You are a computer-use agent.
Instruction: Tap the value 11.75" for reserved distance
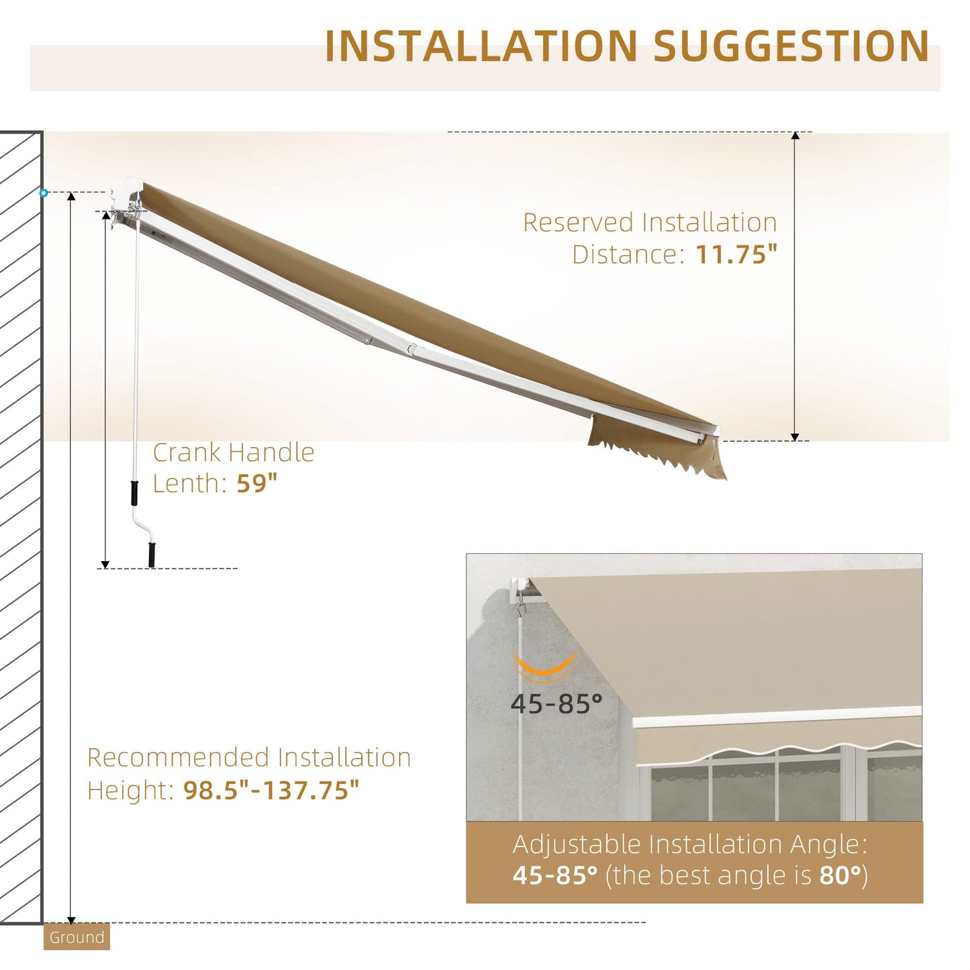coord(736,254)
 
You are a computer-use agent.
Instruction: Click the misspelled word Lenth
coord(186,483)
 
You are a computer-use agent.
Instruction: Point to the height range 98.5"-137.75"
coord(271,789)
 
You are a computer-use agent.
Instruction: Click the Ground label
coord(77,937)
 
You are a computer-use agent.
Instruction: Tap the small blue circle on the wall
coord(44,193)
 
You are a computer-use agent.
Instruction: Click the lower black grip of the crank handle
coord(152,554)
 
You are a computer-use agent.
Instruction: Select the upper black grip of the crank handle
coord(135,492)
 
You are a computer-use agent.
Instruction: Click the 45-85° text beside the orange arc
coord(556,704)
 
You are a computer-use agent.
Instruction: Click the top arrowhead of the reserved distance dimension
coord(795,136)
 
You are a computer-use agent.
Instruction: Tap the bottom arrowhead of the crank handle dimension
coord(105,564)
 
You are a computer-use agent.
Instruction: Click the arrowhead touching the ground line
coord(71,919)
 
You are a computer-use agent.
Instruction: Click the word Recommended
coord(179,757)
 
